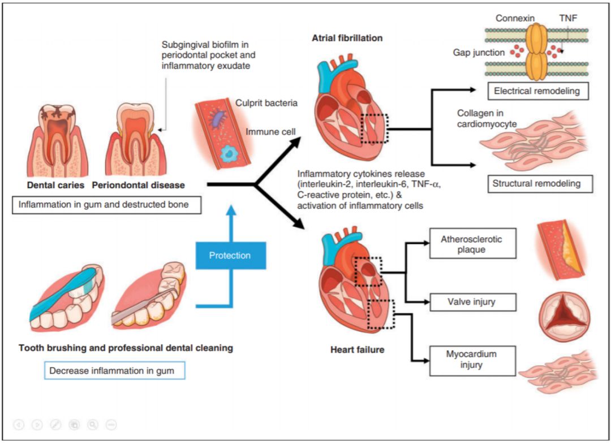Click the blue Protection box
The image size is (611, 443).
(231, 255)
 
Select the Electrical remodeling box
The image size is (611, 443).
(538, 91)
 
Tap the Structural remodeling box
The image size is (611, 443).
(540, 183)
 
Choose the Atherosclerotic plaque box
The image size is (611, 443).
(472, 243)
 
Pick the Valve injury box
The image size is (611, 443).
(472, 302)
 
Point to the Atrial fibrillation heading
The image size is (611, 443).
(347, 38)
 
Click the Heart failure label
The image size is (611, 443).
(358, 350)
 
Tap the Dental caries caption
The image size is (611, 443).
(55, 185)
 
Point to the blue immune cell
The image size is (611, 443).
(229, 153)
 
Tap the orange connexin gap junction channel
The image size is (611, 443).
(536, 51)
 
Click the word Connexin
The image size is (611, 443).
(515, 18)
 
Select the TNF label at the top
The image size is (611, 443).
(568, 18)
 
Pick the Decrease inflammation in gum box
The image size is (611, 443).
(114, 371)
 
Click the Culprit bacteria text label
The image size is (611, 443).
(266, 103)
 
